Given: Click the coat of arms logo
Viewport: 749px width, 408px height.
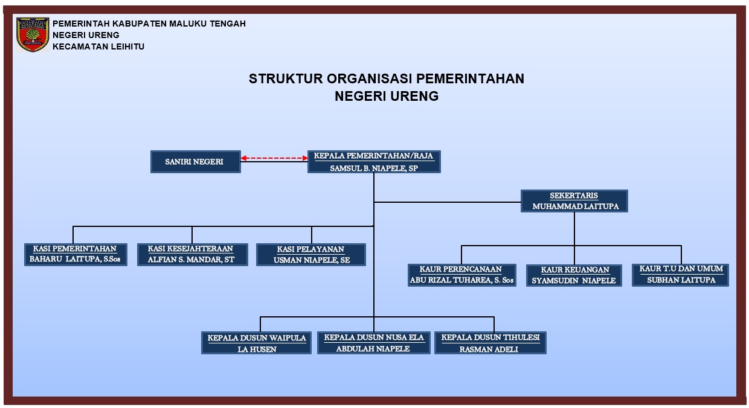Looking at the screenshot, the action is coord(33,35).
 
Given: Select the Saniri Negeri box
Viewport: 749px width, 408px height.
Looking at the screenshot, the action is coord(196,162).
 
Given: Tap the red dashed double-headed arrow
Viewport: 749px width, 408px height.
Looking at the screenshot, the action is coord(274,158).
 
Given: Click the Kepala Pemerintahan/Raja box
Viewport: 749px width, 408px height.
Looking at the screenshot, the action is coord(374,162).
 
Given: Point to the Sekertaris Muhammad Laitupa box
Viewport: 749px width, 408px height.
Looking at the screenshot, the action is coord(574,201).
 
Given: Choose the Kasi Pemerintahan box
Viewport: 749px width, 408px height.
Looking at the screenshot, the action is coord(76,255).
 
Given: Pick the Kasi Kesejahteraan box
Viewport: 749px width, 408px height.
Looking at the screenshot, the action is coord(193,255).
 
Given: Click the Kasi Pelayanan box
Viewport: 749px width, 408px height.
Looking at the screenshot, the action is coord(311,255).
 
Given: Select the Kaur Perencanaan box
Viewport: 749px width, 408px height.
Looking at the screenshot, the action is coord(461,275).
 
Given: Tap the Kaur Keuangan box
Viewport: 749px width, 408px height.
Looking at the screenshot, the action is coord(574,275).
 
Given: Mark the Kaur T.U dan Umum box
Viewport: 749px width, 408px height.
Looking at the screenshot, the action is coord(680,275).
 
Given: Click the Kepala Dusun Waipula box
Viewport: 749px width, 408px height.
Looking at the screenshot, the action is coord(256,342).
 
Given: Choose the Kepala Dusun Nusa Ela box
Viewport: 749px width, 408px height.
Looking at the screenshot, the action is coord(373,342).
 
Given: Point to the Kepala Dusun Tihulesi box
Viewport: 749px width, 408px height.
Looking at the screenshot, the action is coord(490,342).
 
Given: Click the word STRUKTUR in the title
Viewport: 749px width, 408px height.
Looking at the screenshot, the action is coord(286,79).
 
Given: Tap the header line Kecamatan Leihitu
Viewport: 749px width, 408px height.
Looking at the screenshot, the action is coord(98,46).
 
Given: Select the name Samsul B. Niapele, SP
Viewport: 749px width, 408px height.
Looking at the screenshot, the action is coord(374,168).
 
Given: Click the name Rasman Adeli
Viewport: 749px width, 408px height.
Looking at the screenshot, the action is coord(489,349).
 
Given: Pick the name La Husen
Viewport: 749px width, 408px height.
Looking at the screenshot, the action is coord(257,349).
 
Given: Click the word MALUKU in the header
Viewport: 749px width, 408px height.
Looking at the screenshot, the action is coord(188,24).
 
